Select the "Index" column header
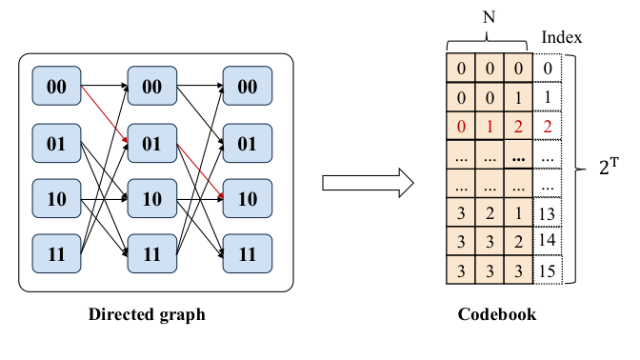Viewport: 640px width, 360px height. coord(561,37)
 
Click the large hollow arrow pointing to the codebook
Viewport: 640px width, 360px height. coord(366,181)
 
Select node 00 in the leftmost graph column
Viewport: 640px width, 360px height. coord(57,87)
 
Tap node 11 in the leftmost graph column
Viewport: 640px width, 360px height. coord(57,254)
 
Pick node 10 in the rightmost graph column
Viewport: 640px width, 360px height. coord(246,199)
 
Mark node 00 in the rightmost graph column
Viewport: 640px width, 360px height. coord(246,87)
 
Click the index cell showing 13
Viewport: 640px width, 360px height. coord(548,212)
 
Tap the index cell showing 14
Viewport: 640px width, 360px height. coord(548,241)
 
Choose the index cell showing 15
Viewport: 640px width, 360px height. coord(548,270)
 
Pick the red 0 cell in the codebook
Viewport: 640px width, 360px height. coord(460,125)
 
